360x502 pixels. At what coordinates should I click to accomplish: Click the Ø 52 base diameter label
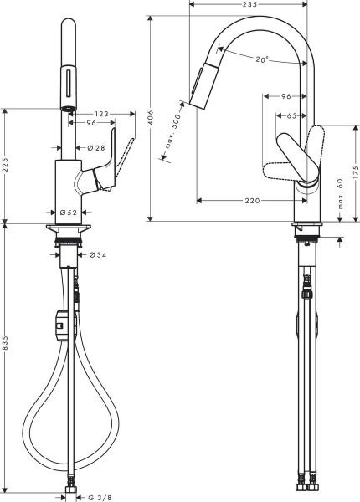(68, 213)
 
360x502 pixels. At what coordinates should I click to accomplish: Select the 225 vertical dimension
(7, 164)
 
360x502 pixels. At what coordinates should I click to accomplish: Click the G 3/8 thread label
(99, 496)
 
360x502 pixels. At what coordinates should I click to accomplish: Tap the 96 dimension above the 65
(284, 95)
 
